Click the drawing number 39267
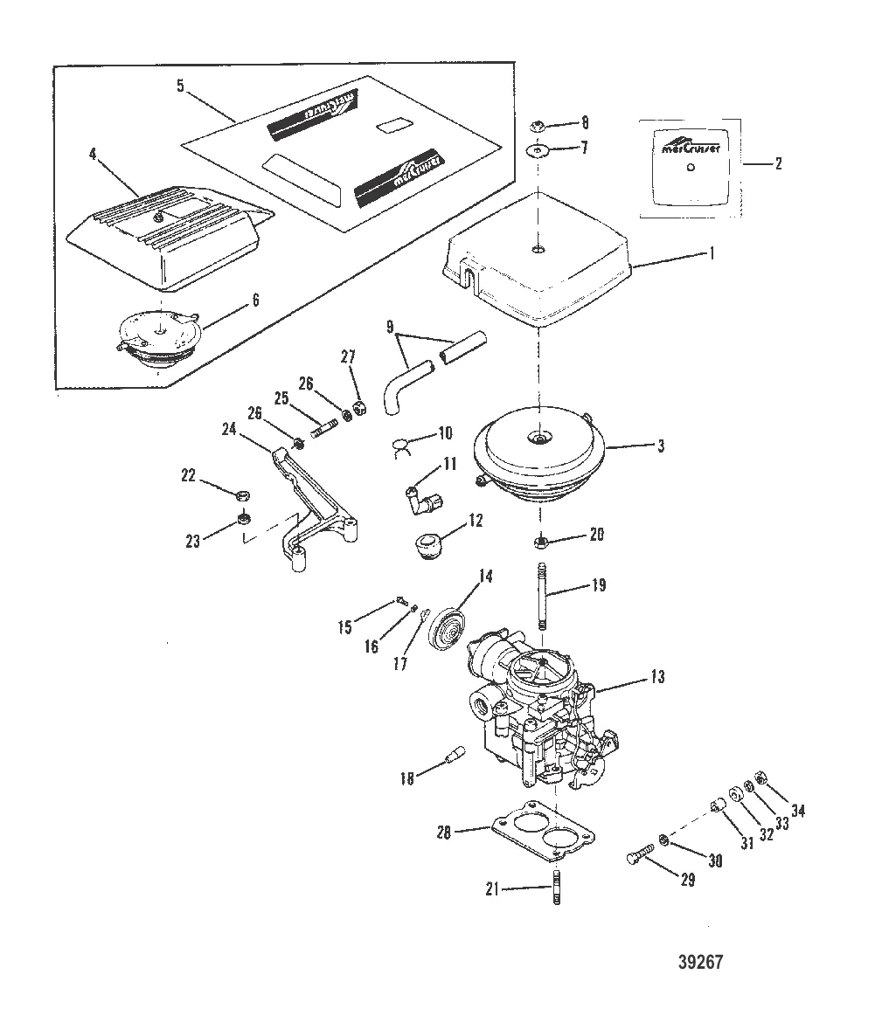(702, 962)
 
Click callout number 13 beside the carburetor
(656, 677)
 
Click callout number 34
(797, 811)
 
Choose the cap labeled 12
(427, 546)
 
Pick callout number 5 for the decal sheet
(179, 86)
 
